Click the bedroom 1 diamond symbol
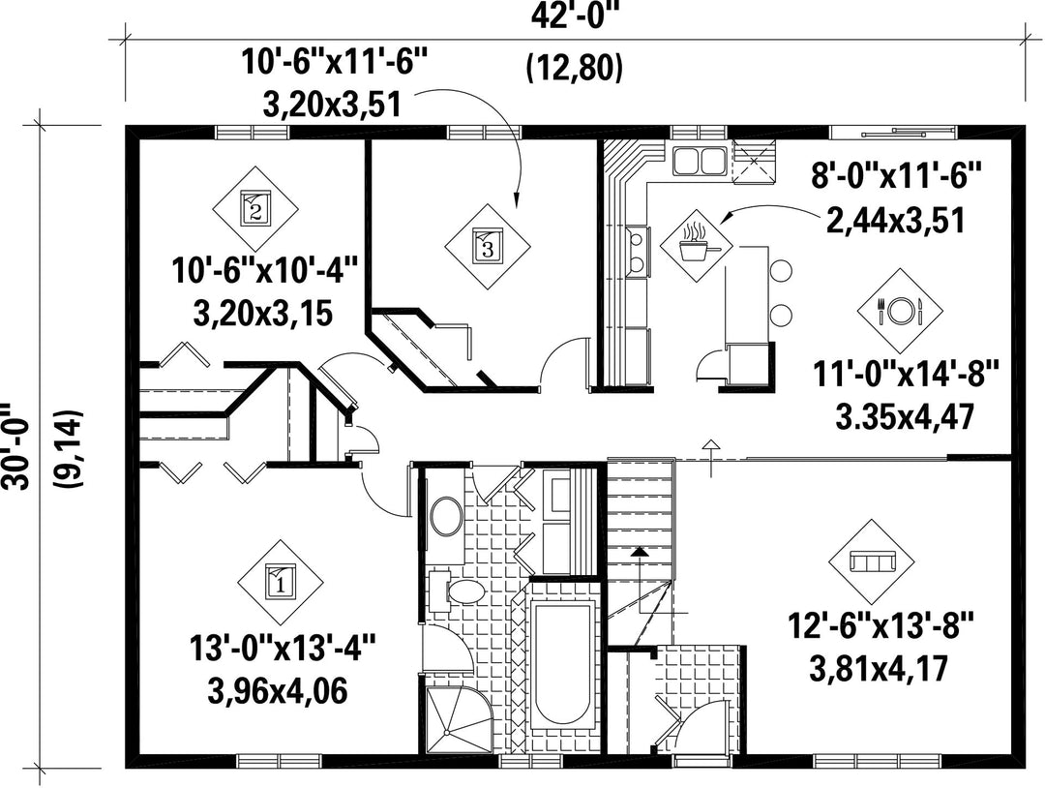pos(280,582)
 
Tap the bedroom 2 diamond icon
pos(254,207)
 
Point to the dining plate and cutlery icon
pos(900,311)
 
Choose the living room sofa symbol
pos(871,562)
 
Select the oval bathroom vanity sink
pos(447,516)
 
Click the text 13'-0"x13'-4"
pos(283,648)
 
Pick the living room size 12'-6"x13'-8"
pos(881,626)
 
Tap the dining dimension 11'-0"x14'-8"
pos(906,375)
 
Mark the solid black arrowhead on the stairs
pos(640,551)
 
